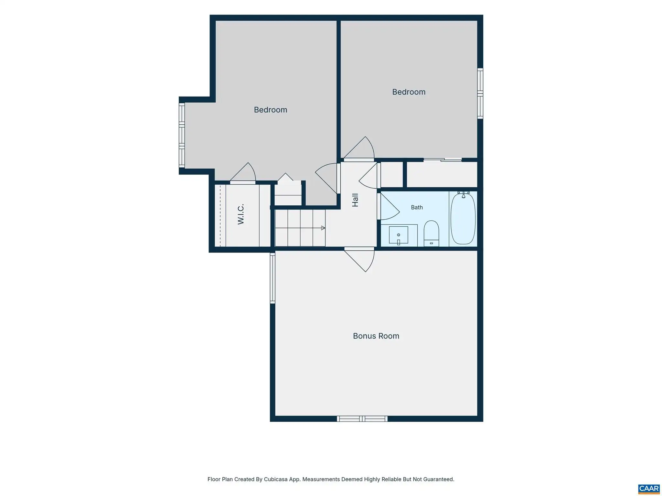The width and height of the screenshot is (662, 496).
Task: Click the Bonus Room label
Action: coord(376,336)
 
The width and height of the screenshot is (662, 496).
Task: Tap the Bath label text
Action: coord(417,207)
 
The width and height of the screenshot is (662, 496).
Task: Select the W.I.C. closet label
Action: coord(240,214)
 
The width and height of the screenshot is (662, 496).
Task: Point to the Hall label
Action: coord(355,200)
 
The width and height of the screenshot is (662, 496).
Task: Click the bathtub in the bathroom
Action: coord(463,218)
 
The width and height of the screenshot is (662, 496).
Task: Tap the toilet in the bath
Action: coord(431,233)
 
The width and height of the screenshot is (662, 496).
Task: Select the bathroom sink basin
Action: coord(399,235)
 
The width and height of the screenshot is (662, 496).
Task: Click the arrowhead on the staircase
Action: coord(323,228)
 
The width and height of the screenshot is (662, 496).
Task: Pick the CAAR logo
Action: coord(649,489)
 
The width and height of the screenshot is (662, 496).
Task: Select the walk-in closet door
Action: coord(243,173)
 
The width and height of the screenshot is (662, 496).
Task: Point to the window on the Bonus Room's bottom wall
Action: coord(362,419)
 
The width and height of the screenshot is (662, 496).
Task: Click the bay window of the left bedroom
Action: coord(182,135)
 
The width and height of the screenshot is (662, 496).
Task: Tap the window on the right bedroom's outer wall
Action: coord(480,93)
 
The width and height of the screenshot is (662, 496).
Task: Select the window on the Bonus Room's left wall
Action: coord(272,278)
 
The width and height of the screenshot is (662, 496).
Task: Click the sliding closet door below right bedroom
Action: coord(443,160)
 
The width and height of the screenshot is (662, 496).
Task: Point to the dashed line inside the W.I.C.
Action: coord(220,215)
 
